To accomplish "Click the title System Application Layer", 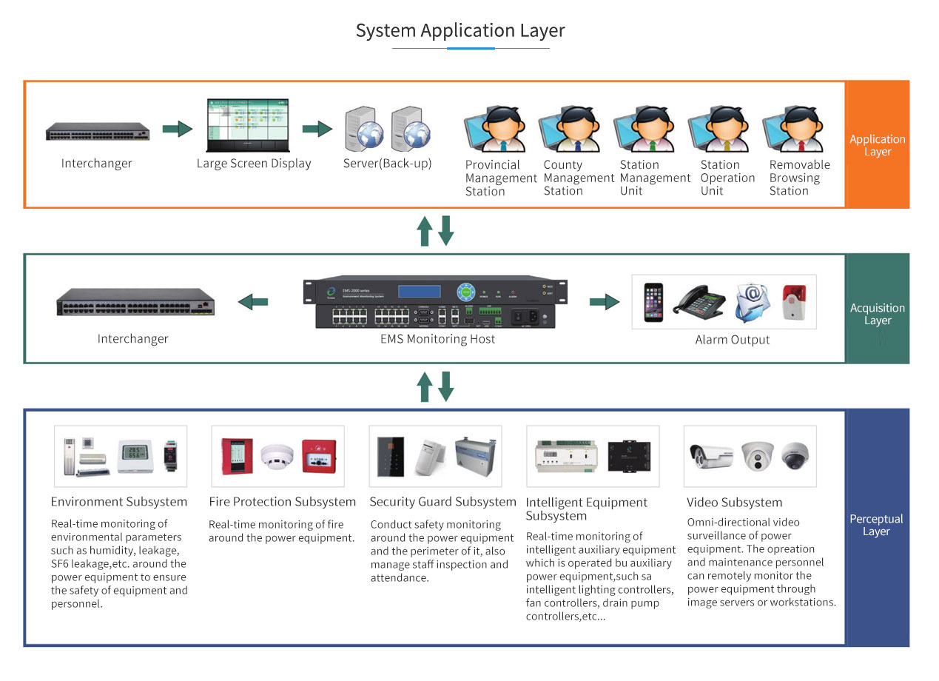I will click(x=460, y=30).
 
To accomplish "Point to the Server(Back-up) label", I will click(x=387, y=164).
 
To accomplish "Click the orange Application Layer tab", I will click(x=877, y=145).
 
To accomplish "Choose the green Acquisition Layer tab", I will click(x=877, y=314).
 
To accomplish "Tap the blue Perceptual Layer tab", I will click(x=877, y=525).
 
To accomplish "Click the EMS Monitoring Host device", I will click(x=437, y=303).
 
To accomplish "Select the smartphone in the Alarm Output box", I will click(x=653, y=301).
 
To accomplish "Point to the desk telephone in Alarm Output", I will click(x=701, y=302).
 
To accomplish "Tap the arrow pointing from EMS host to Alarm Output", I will click(x=604, y=302).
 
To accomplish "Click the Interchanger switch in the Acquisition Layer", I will click(x=135, y=302).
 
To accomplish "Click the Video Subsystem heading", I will click(x=734, y=503).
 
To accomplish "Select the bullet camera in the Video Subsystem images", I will click(x=710, y=455).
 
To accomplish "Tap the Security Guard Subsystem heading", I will click(x=442, y=502).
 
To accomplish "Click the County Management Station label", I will click(x=579, y=178).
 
